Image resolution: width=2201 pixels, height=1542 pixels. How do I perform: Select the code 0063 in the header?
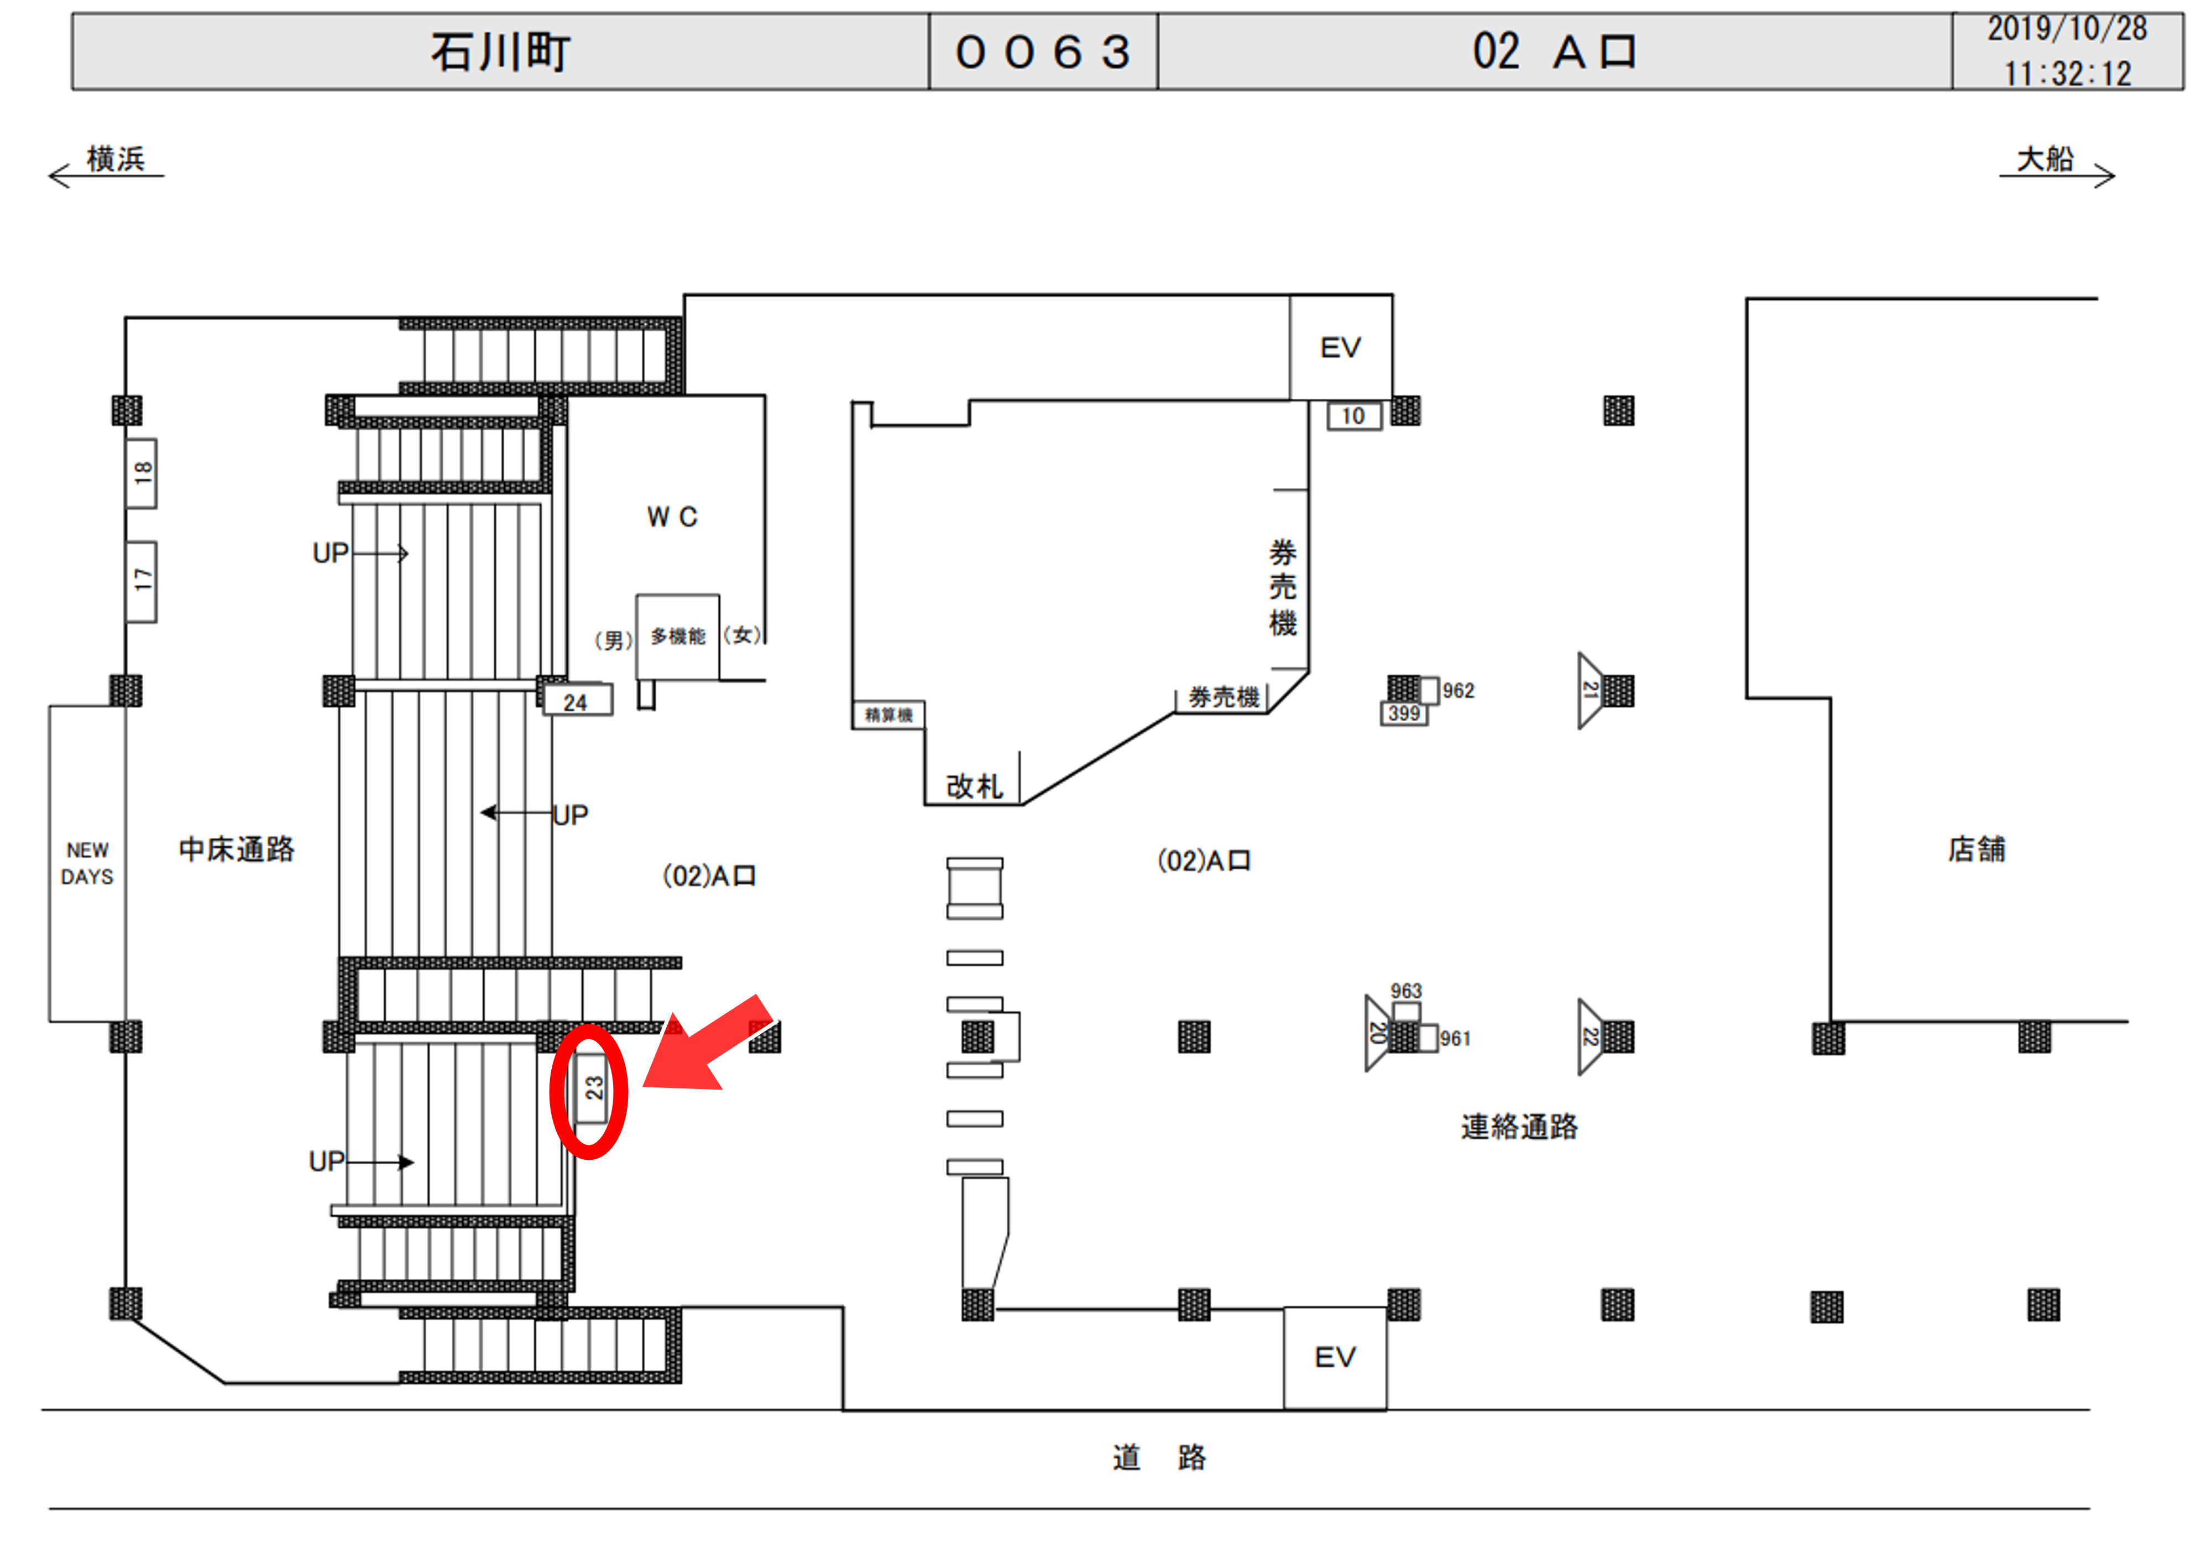click(1042, 52)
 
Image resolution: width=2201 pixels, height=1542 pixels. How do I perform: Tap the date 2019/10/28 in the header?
click(2066, 29)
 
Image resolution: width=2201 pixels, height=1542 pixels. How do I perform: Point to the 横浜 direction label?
click(115, 159)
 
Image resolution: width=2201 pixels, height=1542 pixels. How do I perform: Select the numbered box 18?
click(142, 473)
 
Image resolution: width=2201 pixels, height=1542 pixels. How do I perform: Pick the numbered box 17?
click(142, 581)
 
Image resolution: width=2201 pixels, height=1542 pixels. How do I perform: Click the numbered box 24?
click(576, 701)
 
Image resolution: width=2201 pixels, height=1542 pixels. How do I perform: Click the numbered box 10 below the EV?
click(1353, 416)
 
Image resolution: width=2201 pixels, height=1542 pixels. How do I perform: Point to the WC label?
click(672, 518)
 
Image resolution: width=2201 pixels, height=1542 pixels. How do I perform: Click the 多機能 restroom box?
click(678, 636)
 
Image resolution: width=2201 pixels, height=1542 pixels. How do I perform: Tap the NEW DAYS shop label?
click(87, 863)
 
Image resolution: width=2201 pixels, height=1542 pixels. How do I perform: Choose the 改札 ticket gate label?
click(974, 786)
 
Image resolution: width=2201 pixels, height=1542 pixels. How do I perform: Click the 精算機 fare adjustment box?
click(888, 715)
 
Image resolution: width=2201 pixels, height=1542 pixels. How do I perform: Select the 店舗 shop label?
click(1976, 850)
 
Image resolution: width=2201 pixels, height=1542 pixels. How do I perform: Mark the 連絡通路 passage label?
click(1518, 1127)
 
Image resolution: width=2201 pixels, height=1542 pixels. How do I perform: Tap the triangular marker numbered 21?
click(1591, 690)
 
